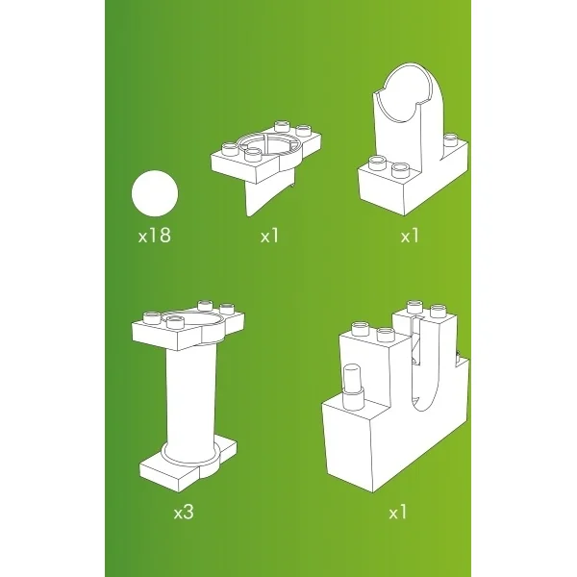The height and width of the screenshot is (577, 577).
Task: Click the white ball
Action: (x=155, y=193)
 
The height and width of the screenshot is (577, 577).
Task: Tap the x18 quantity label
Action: (x=155, y=236)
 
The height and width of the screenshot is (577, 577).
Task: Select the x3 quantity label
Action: (x=184, y=512)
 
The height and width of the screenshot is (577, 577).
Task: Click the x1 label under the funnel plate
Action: (x=269, y=236)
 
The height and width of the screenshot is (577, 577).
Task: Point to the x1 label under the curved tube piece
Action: (x=410, y=236)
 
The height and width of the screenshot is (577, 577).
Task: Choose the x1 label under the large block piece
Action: (x=398, y=512)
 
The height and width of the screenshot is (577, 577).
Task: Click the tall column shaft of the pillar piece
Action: (x=191, y=397)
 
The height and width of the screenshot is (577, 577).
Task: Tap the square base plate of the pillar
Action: (x=188, y=466)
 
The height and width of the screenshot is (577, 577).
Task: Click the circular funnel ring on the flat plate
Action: (x=268, y=144)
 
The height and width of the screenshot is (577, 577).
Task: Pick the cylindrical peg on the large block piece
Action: (x=352, y=387)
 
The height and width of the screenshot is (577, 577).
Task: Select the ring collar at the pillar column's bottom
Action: (x=189, y=456)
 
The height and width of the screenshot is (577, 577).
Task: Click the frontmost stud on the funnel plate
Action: (x=252, y=155)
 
